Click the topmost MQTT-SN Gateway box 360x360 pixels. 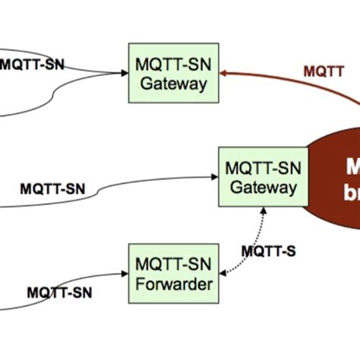(x=174, y=74)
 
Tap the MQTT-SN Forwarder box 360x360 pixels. (x=172, y=273)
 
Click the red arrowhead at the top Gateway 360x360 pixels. (x=225, y=74)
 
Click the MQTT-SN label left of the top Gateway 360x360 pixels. (x=32, y=65)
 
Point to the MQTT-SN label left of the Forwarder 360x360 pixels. (x=60, y=292)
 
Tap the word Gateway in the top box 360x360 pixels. (x=174, y=84)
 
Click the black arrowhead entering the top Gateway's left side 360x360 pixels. (x=124, y=74)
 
